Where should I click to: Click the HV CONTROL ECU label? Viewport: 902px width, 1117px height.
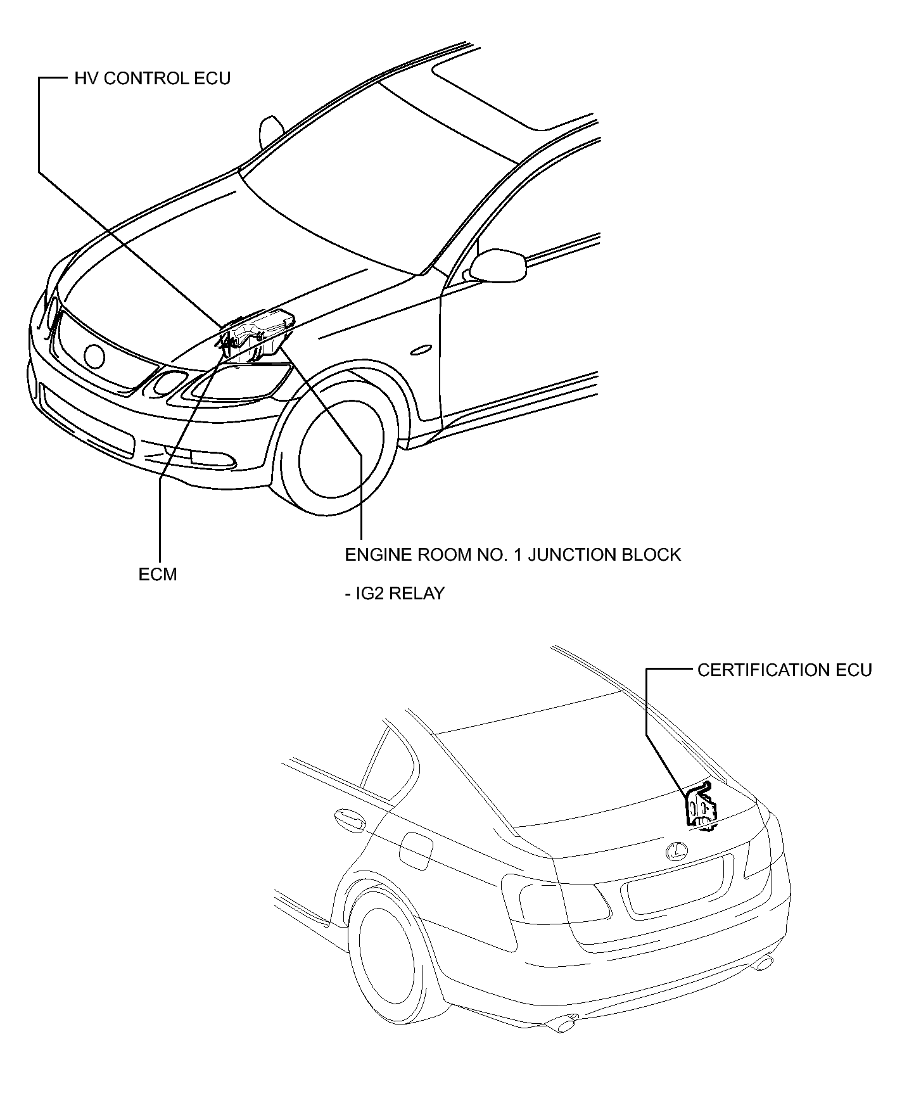(153, 79)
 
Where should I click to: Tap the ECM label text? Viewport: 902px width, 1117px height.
(158, 574)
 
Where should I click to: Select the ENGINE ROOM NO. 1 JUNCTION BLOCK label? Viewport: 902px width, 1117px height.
(512, 555)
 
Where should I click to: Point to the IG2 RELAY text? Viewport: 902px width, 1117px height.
(395, 594)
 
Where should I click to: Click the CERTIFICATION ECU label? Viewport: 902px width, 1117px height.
(785, 670)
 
